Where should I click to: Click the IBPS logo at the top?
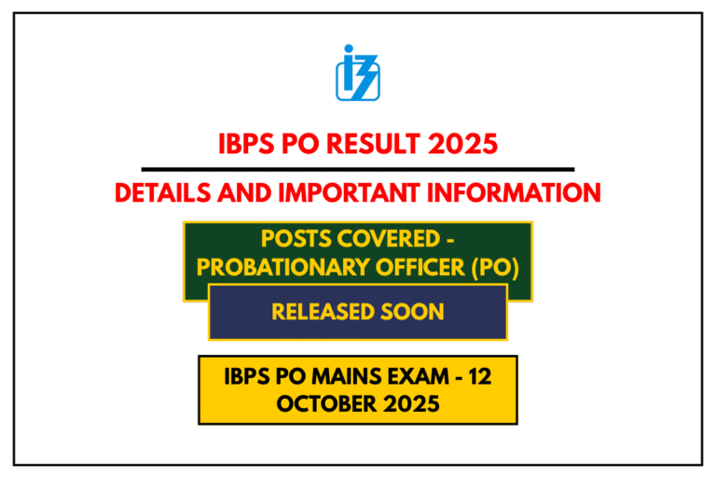357,72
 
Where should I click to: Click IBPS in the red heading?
244,145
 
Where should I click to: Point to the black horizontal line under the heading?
357,169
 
